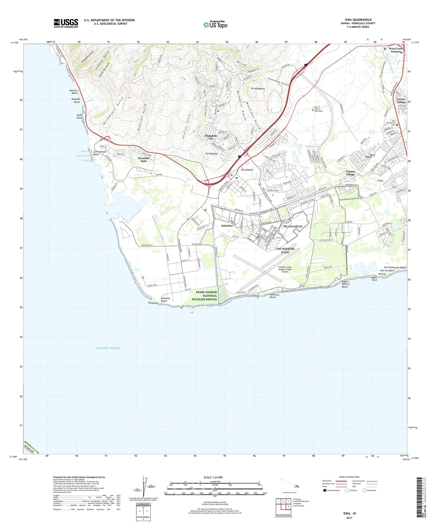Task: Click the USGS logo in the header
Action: click(66, 23)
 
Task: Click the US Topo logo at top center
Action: click(215, 25)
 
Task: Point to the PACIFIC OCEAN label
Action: click(108, 348)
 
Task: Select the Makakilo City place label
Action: click(211, 137)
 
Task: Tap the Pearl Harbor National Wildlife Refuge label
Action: click(206, 296)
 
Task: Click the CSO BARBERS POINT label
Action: click(285, 250)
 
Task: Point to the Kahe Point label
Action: click(79, 116)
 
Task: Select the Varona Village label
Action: click(350, 173)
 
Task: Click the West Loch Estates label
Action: click(395, 50)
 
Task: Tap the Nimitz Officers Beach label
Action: click(345, 284)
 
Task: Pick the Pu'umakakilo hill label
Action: click(258, 89)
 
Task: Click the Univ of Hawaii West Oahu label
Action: click(318, 109)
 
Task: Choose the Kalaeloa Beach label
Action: click(164, 299)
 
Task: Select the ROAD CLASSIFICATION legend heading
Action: click(349, 477)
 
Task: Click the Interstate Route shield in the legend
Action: click(325, 490)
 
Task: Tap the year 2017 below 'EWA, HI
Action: click(349, 518)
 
